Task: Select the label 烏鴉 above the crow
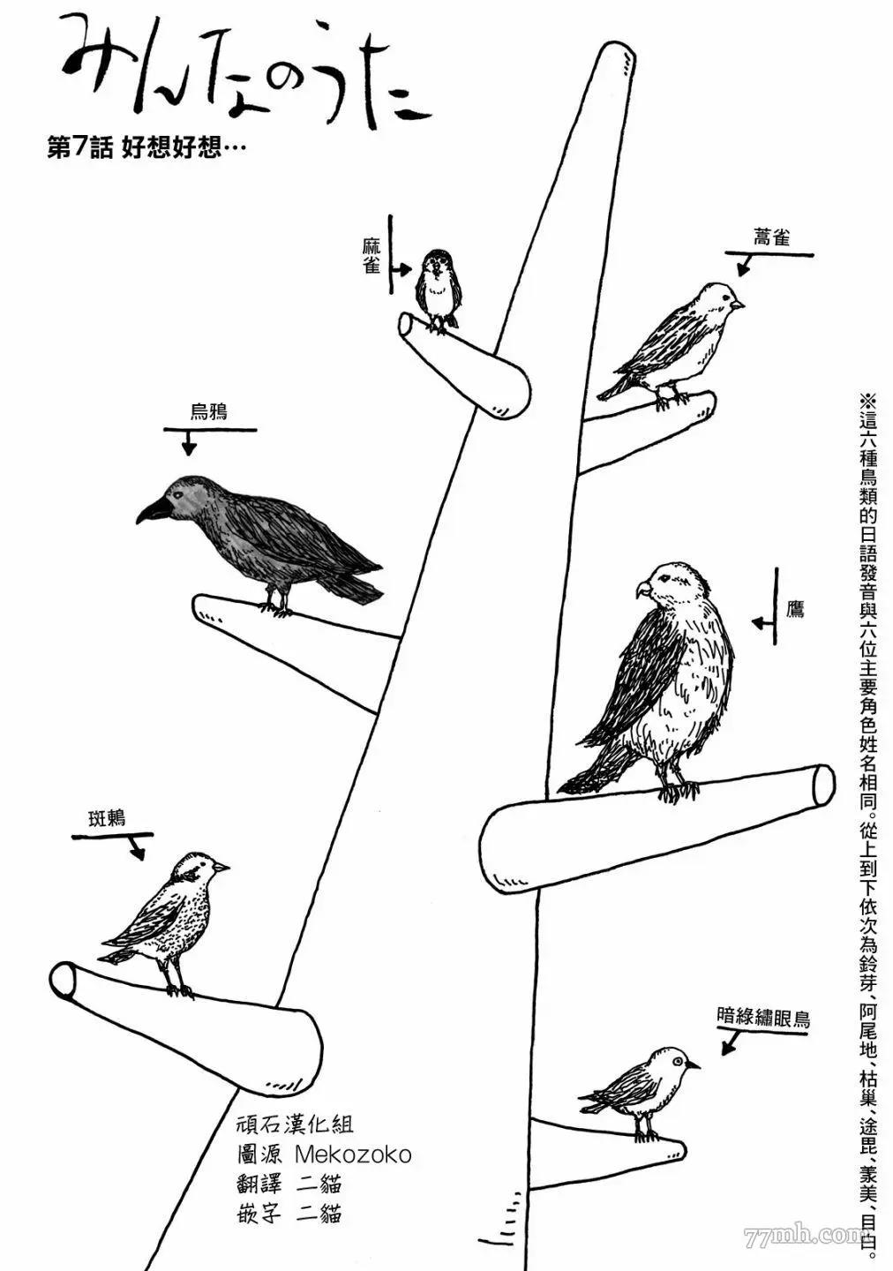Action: tap(209, 412)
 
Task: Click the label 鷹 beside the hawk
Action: tap(795, 609)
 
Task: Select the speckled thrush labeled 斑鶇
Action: tap(172, 914)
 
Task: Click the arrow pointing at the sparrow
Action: tap(399, 269)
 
